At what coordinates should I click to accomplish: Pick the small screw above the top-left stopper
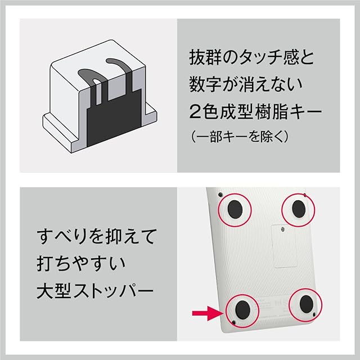pyautogui.click(x=220, y=194)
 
